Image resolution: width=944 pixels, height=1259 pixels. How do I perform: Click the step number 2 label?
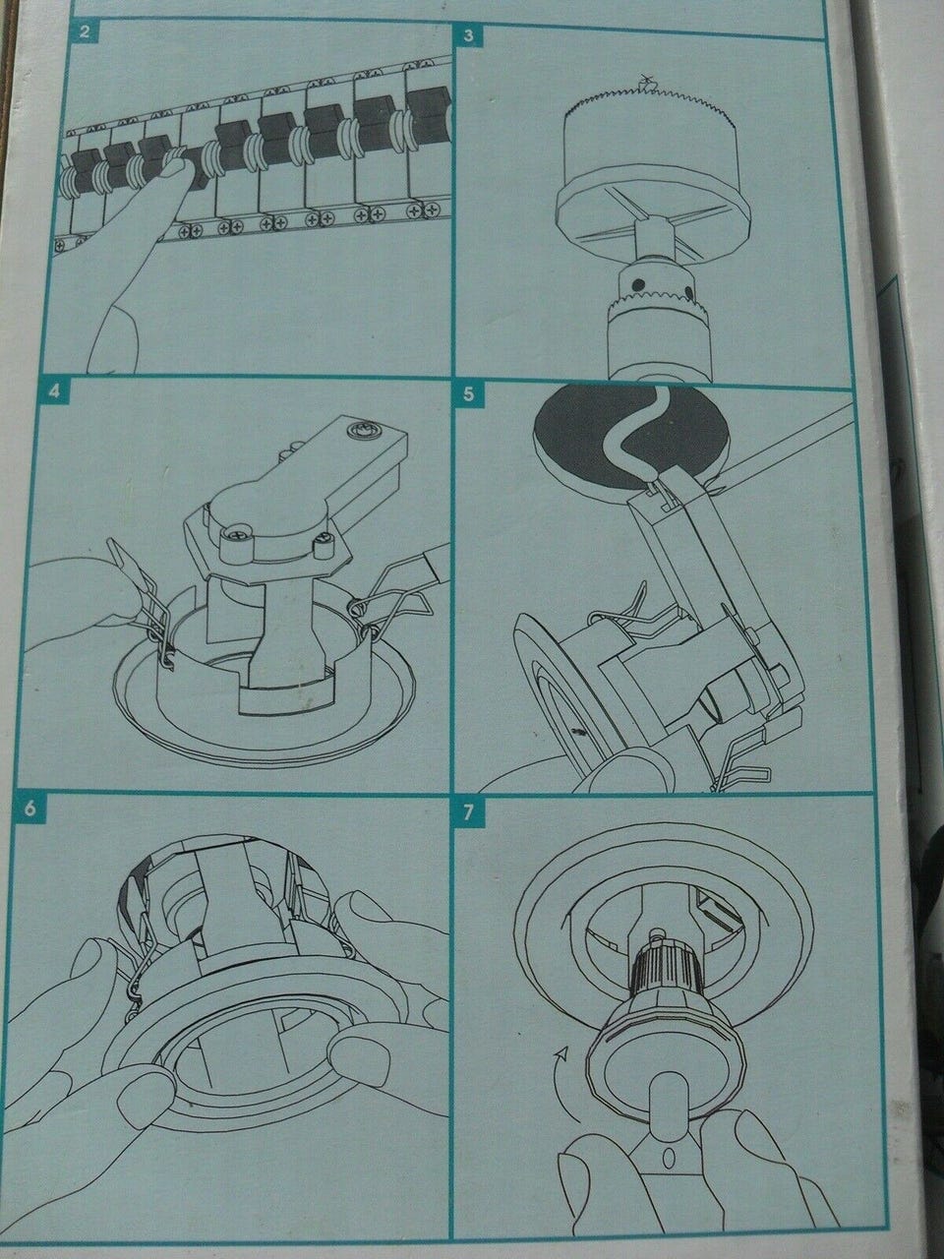(x=85, y=30)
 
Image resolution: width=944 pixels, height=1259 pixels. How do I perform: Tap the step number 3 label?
(x=469, y=35)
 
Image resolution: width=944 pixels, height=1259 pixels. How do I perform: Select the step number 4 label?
(x=54, y=391)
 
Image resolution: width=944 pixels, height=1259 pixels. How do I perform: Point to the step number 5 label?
(x=469, y=395)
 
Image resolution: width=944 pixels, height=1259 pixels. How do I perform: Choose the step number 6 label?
(x=30, y=809)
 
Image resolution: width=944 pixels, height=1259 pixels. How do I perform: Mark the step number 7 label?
(x=469, y=812)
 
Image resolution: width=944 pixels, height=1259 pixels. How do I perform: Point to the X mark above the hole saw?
(x=646, y=81)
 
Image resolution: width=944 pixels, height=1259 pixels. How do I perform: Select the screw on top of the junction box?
(x=361, y=430)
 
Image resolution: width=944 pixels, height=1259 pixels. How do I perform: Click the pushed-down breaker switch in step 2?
(x=199, y=166)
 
